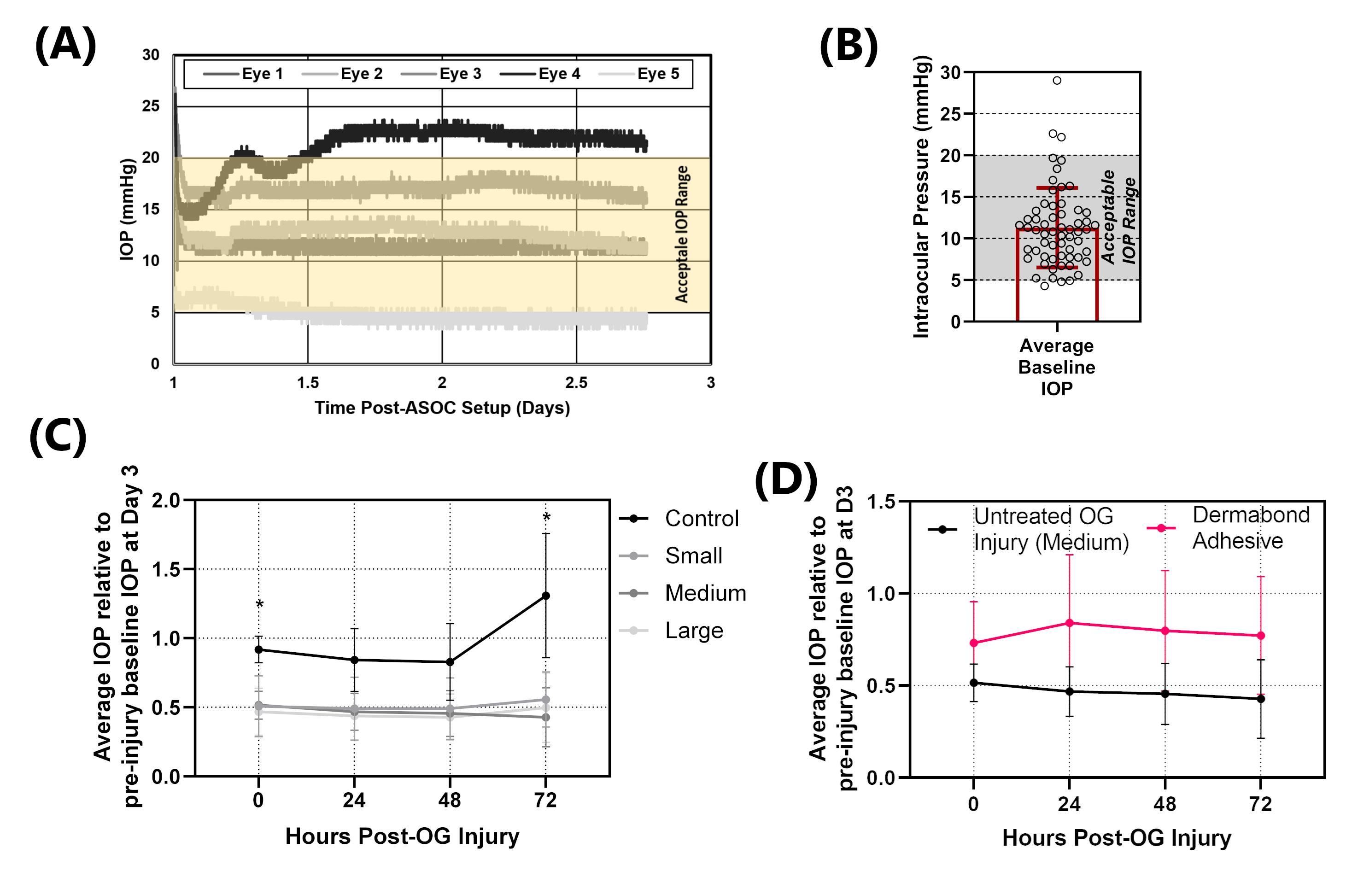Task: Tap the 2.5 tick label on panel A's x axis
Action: pyautogui.click(x=576, y=383)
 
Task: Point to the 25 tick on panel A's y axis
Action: pyautogui.click(x=151, y=106)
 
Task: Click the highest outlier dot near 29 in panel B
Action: pyautogui.click(x=1057, y=80)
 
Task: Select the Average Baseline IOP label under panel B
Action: pyautogui.click(x=1056, y=367)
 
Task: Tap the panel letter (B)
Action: pyautogui.click(x=848, y=47)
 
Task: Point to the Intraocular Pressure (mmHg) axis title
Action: pyautogui.click(x=921, y=197)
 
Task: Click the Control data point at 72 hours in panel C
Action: pyautogui.click(x=545, y=596)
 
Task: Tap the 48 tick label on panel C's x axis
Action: pyautogui.click(x=450, y=801)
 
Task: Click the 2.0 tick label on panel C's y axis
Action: pyautogui.click(x=166, y=501)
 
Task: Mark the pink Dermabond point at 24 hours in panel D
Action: pyautogui.click(x=1069, y=623)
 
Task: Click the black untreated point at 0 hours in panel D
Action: pyautogui.click(x=973, y=683)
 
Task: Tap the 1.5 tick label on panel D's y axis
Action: pyautogui.click(x=881, y=502)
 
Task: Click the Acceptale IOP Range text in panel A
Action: pyautogui.click(x=682, y=234)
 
